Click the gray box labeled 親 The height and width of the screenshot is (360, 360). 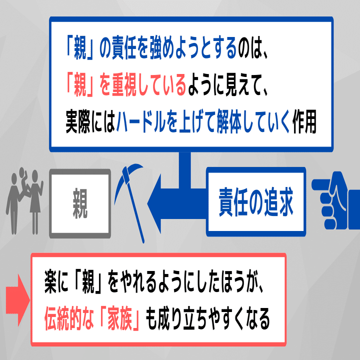coord(80,202)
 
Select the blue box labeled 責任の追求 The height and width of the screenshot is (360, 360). coord(255,201)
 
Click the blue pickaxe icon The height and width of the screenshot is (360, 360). coord(128,198)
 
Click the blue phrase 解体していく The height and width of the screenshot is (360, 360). coord(253,124)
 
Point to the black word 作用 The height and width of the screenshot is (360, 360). coord(305,124)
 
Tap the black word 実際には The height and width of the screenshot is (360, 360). coord(90,124)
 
